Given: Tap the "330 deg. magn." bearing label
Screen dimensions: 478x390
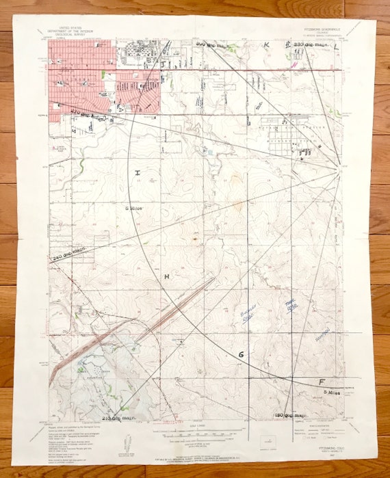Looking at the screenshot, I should pyautogui.click(x=311, y=44).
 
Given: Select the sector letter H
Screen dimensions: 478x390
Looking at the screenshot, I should pyautogui.click(x=166, y=276).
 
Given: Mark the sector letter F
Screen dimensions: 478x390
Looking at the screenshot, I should pyautogui.click(x=322, y=382).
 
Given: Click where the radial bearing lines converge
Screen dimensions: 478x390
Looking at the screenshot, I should pyautogui.click(x=339, y=168).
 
